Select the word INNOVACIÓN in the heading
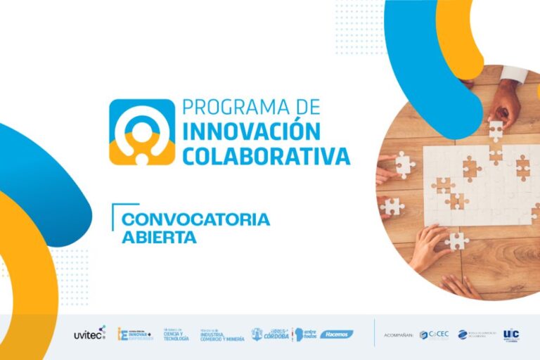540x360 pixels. (x=252, y=131)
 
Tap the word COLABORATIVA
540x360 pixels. (x=266, y=155)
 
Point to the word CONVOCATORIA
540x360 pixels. (x=195, y=219)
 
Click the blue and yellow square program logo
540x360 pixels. (x=141, y=131)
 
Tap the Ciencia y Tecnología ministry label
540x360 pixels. (x=176, y=335)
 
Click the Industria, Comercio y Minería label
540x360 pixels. (x=221, y=335)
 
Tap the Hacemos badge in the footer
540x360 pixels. (x=337, y=334)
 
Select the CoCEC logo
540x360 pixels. (x=433, y=335)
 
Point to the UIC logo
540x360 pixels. (x=511, y=334)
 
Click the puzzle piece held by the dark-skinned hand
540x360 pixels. (x=497, y=131)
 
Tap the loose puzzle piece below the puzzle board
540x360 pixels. (x=458, y=240)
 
